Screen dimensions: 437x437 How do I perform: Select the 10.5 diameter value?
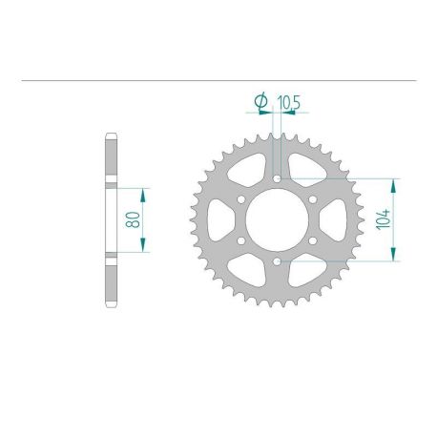(x=287, y=99)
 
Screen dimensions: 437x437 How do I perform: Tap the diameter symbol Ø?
(x=260, y=99)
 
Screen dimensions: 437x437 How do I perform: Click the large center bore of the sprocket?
(x=276, y=218)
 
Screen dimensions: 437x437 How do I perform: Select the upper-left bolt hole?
(x=240, y=198)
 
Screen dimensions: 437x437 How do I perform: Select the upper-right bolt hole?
(x=312, y=198)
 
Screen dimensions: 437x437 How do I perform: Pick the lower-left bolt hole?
(x=240, y=239)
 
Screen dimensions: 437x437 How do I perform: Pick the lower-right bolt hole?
(x=312, y=239)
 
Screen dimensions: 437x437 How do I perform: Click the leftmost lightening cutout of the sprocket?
(x=222, y=218)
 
